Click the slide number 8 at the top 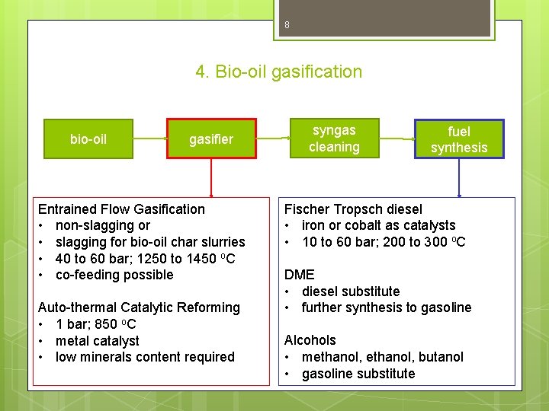[287, 26]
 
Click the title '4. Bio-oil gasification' [278, 72]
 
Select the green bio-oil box [88, 139]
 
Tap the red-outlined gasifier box [211, 139]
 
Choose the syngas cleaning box [334, 139]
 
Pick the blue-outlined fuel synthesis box [459, 139]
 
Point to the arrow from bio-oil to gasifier [150, 139]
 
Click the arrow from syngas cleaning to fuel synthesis [399, 139]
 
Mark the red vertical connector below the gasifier [211, 177]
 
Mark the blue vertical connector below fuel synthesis [459, 177]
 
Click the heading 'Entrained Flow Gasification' [121, 209]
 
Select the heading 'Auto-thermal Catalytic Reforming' [139, 307]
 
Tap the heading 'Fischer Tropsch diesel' [353, 209]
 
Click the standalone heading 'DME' [299, 275]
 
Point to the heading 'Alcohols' [310, 340]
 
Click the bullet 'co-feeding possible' [114, 275]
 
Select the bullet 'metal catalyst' [98, 341]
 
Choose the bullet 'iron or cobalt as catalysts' [378, 225]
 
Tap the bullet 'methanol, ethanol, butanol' [382, 357]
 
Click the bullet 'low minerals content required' [145, 357]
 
